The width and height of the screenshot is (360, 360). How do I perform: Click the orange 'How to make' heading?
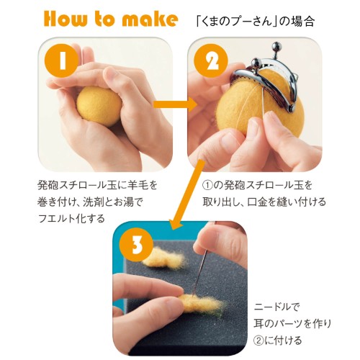[111, 19]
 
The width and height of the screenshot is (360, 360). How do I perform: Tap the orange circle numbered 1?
[63, 61]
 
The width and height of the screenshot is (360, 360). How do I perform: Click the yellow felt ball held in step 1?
[99, 107]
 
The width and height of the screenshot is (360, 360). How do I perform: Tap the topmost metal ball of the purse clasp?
[278, 45]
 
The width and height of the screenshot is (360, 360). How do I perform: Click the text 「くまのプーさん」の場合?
[255, 22]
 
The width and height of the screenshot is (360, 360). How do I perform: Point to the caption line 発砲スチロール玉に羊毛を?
[97, 186]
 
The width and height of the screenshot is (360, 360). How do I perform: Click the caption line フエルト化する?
[71, 218]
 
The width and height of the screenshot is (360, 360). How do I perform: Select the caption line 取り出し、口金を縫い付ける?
[264, 202]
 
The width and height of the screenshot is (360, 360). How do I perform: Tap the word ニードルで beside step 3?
[276, 307]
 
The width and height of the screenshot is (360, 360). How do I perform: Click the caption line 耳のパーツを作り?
[292, 323]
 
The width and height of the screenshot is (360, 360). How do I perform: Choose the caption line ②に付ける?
[277, 341]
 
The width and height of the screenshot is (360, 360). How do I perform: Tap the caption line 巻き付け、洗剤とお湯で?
[90, 202]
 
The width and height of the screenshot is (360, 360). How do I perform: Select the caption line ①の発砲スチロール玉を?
[257, 186]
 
